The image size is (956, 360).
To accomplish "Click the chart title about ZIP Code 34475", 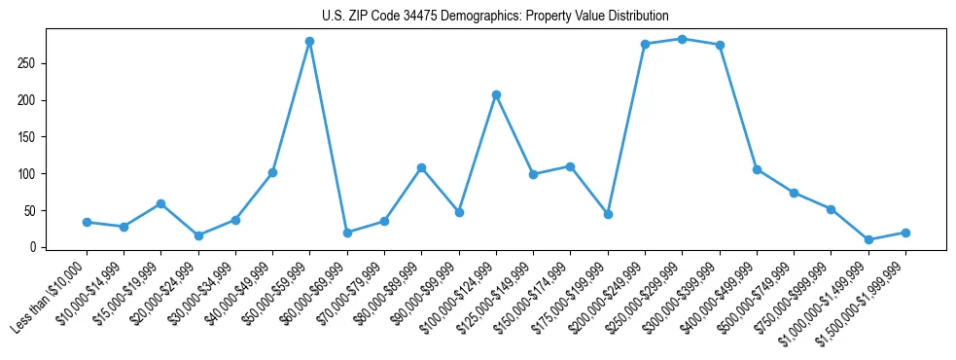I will tap(495, 16).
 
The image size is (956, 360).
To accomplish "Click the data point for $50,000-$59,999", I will tap(309, 41).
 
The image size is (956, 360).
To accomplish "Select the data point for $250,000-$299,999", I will tap(682, 39).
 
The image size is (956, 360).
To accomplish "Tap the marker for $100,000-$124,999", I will tap(496, 94).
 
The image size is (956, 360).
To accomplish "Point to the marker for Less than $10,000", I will tap(87, 222).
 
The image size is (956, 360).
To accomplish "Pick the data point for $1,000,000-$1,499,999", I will tap(868, 239).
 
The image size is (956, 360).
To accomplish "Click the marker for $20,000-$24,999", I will tap(198, 235).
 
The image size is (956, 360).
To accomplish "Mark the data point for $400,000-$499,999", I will tap(757, 169).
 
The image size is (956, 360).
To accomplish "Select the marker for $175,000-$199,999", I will tap(608, 214).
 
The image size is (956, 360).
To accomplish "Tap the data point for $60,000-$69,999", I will tap(347, 233).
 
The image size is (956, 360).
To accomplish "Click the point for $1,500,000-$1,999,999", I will tap(905, 233).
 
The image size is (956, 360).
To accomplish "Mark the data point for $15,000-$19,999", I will tap(160, 203).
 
